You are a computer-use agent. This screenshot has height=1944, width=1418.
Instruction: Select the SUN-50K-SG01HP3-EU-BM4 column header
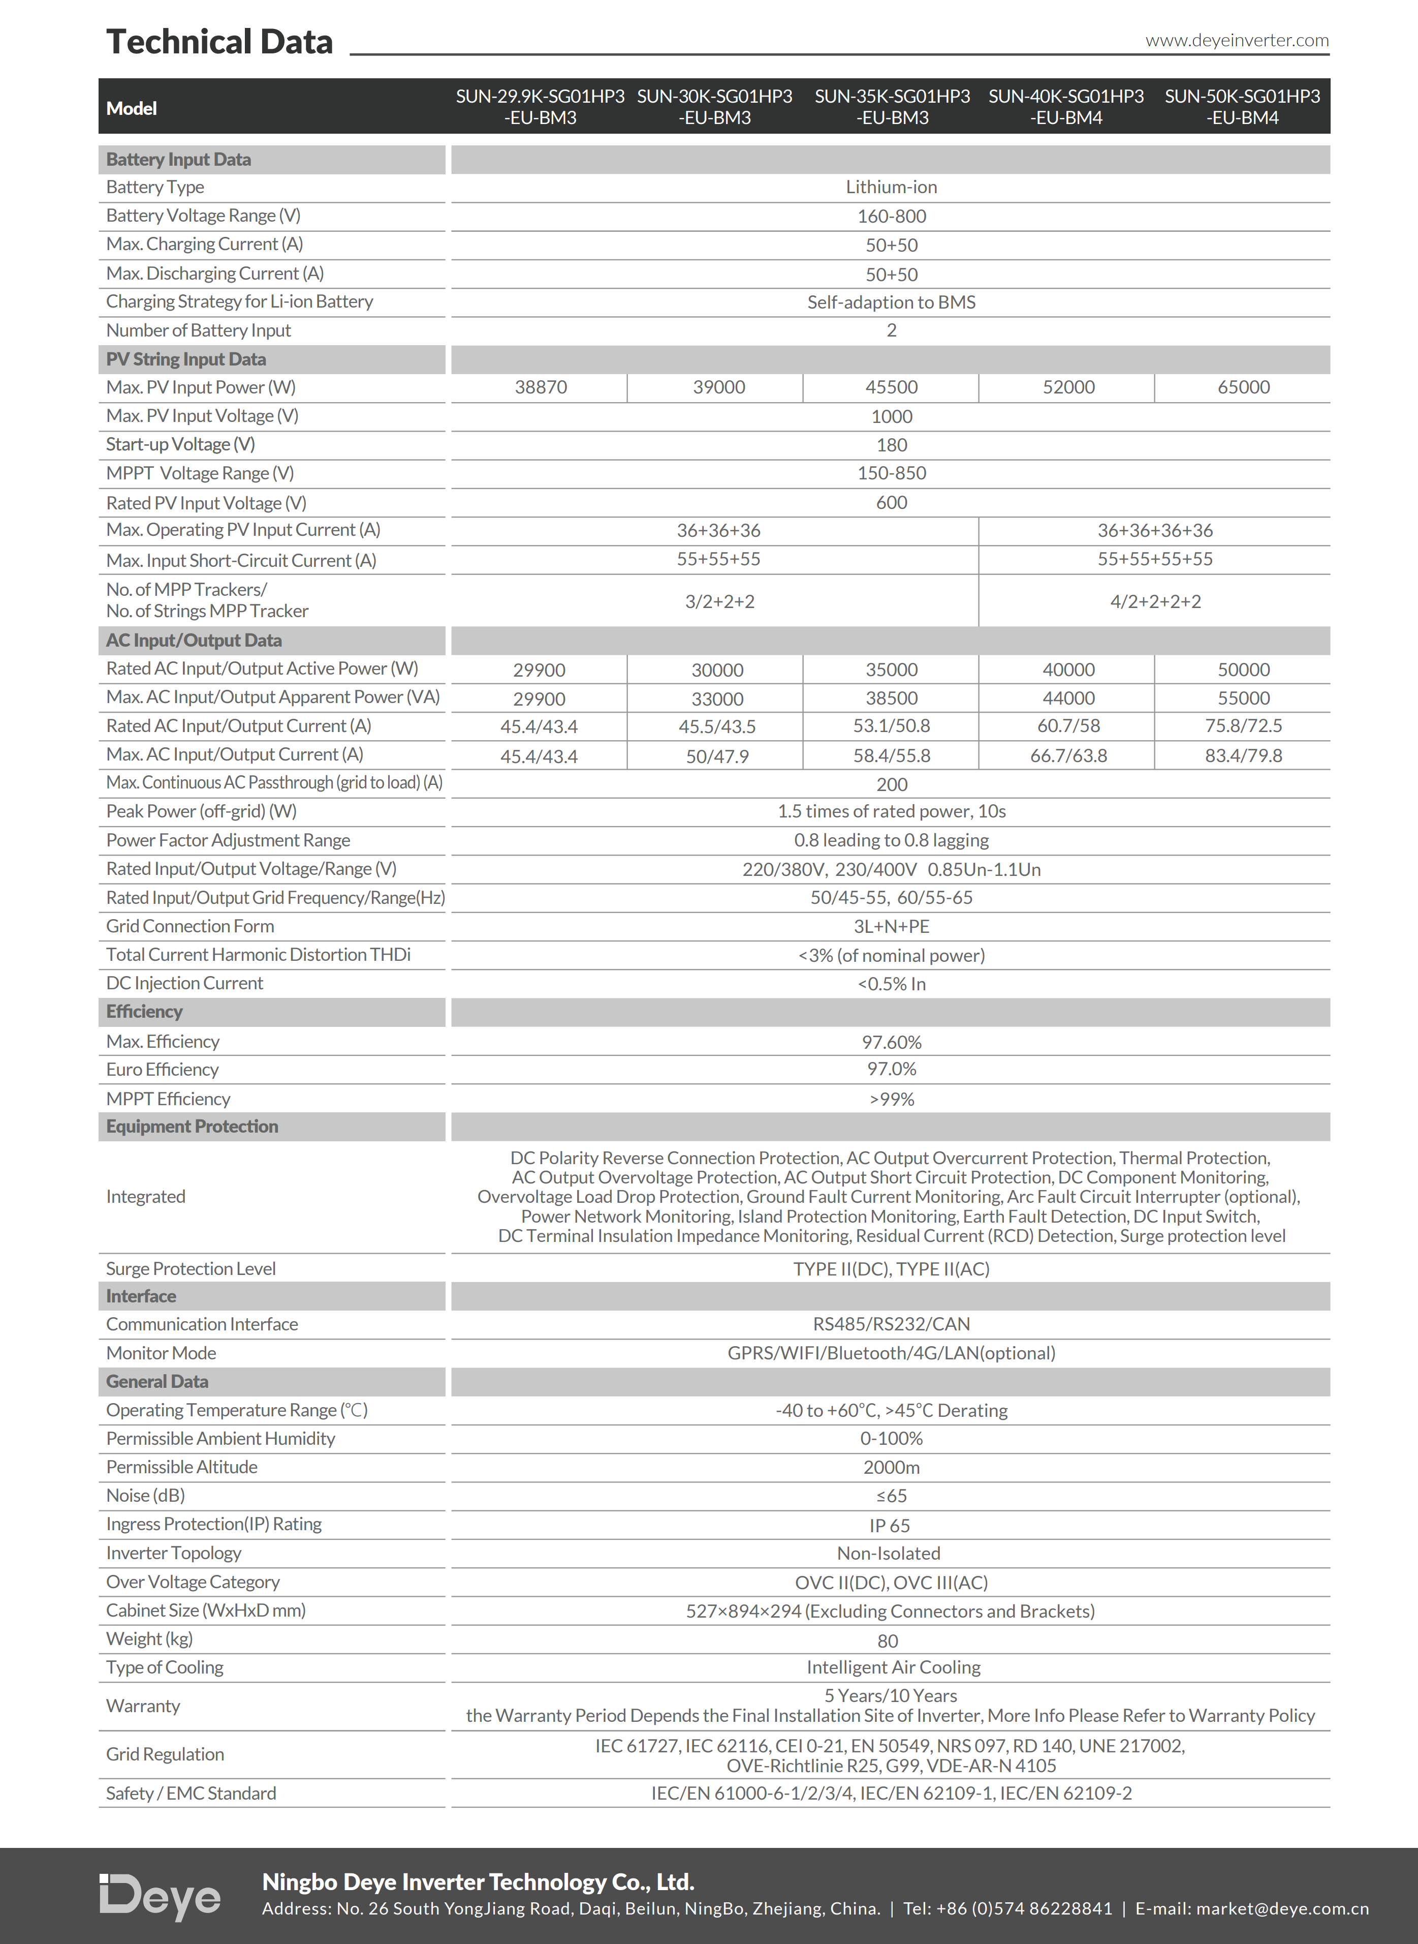coord(1242,106)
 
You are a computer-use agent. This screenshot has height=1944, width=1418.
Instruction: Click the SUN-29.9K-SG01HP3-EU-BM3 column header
coord(540,106)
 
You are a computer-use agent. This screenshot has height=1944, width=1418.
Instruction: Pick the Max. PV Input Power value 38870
coord(541,387)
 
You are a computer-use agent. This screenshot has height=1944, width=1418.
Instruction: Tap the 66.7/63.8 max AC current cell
coord(1068,755)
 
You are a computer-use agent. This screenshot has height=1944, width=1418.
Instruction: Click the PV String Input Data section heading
coord(186,359)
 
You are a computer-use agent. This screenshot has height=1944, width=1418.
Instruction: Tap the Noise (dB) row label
coord(145,1496)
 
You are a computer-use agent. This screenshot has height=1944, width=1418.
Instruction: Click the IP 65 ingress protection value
coord(889,1526)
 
